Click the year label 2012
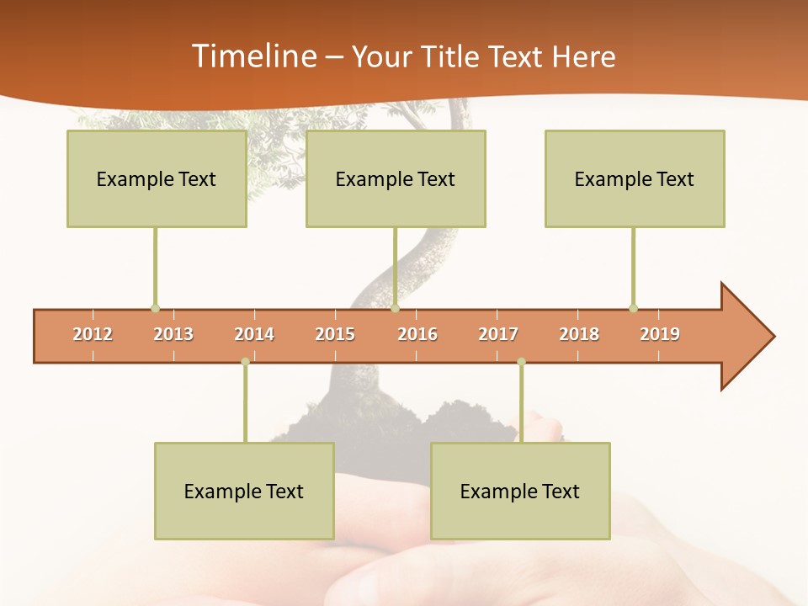tap(93, 334)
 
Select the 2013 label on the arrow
tap(173, 334)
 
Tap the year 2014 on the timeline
tap(254, 334)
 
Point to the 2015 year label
tap(335, 334)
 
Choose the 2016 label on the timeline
tap(417, 334)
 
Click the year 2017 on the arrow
tap(498, 334)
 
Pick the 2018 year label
tap(579, 334)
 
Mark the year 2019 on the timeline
tap(660, 334)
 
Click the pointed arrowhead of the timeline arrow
tap(753, 337)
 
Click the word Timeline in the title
tap(252, 56)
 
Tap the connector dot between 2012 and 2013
tap(155, 308)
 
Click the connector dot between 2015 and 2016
tap(395, 308)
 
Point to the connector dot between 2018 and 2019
tap(633, 308)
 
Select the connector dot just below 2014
tap(245, 362)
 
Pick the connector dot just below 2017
tap(521, 362)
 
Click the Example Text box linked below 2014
tap(244, 491)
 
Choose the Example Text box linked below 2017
tap(520, 491)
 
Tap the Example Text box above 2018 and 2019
tap(635, 178)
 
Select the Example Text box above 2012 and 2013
tap(157, 178)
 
